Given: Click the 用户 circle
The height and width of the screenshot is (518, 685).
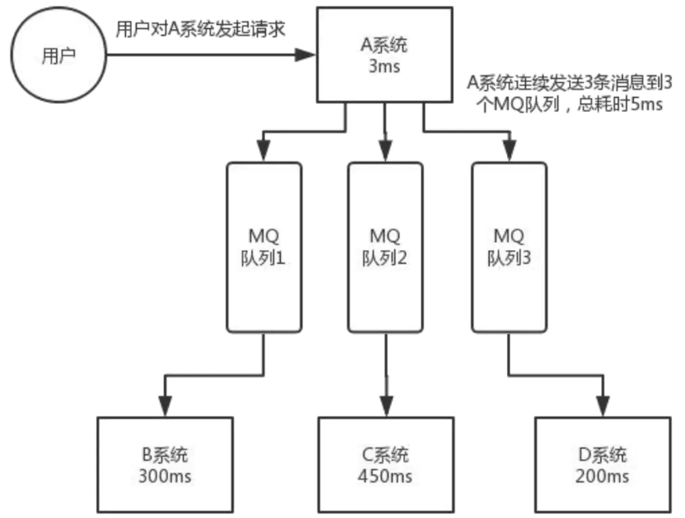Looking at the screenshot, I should [x=59, y=55].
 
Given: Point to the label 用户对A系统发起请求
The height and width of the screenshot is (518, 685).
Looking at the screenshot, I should [x=200, y=30].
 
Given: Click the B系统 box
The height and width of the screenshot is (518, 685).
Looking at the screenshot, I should [x=166, y=465].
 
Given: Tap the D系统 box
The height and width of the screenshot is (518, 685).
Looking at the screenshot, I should [x=602, y=465].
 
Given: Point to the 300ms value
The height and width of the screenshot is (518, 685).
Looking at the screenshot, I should [x=166, y=476].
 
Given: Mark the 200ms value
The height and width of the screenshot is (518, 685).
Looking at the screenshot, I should [x=602, y=476].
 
